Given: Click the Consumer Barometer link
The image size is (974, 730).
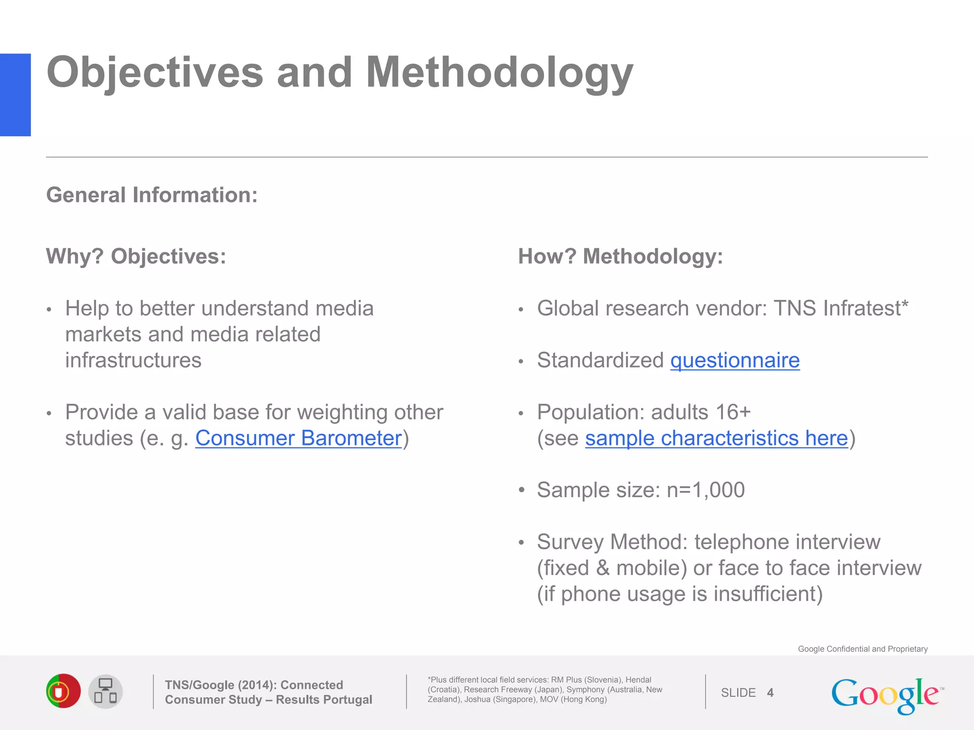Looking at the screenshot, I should (x=299, y=438).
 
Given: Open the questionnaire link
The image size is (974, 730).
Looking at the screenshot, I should (x=735, y=360).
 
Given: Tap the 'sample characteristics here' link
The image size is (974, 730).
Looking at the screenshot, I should (x=716, y=438).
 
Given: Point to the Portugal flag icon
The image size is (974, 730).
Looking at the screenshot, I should (x=63, y=691).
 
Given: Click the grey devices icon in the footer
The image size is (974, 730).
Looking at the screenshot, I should (x=106, y=692).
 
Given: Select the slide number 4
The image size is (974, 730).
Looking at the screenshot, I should (x=770, y=693).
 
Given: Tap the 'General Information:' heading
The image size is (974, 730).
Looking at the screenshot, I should (x=152, y=195).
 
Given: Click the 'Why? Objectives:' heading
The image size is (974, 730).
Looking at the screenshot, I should (x=136, y=257).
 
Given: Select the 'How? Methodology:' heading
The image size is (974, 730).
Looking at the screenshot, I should (x=620, y=257).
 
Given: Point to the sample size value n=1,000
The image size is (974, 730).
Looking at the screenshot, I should (x=705, y=490).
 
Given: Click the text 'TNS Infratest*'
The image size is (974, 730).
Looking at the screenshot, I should (x=841, y=308).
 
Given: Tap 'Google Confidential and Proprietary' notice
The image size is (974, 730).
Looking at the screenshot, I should (x=862, y=649).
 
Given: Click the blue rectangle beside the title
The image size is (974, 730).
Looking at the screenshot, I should (x=15, y=95).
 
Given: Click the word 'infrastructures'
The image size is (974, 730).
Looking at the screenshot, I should (x=133, y=360).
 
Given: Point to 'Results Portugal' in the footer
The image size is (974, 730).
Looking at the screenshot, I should (x=324, y=700).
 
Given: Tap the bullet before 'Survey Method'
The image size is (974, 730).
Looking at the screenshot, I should (x=521, y=542).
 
